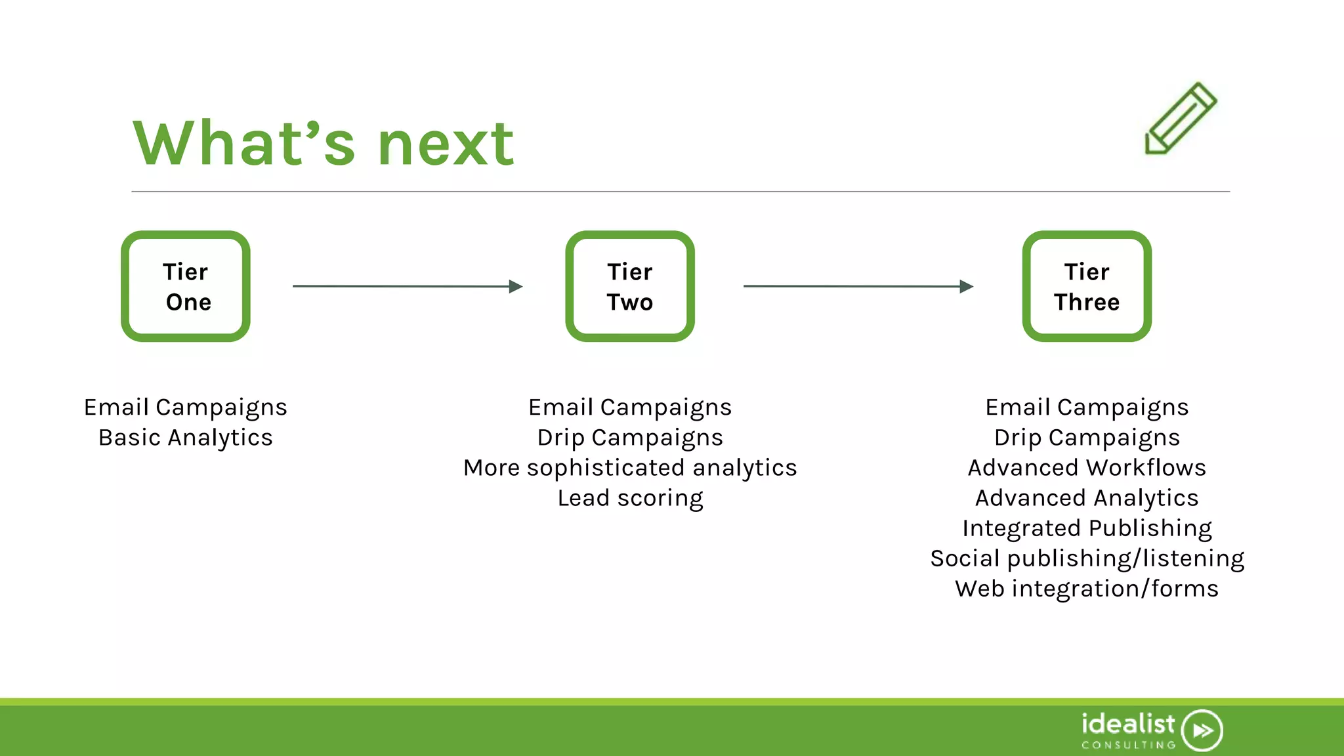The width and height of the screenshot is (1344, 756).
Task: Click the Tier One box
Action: tap(186, 286)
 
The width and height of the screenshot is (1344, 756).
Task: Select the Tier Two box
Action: tap(630, 286)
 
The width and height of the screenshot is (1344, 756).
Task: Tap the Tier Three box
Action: tap(1087, 286)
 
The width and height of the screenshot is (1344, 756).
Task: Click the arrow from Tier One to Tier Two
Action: tap(407, 286)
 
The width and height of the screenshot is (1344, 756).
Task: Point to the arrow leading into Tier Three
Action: tap(858, 286)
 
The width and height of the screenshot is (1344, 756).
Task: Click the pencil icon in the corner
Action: tap(1181, 119)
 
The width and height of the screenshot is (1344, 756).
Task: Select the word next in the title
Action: tap(446, 144)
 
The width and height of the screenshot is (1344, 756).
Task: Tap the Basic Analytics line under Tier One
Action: tap(186, 438)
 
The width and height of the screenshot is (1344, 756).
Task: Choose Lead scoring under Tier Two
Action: tap(630, 498)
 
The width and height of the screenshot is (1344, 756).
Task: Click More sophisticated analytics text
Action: tap(630, 468)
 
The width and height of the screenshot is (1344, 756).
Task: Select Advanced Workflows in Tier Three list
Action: tap(1087, 468)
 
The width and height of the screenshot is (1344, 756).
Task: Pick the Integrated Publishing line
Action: tap(1087, 528)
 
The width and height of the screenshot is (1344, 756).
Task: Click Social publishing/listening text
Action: tap(1087, 558)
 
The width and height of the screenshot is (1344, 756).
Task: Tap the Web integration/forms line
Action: tap(1087, 589)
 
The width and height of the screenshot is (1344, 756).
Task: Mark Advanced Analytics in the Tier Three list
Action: tap(1087, 498)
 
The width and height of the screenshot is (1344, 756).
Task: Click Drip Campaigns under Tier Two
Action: tap(630, 438)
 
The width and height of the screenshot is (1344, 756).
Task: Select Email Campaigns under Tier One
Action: tap(186, 408)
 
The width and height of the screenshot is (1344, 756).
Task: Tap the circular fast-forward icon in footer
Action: tap(1202, 730)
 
